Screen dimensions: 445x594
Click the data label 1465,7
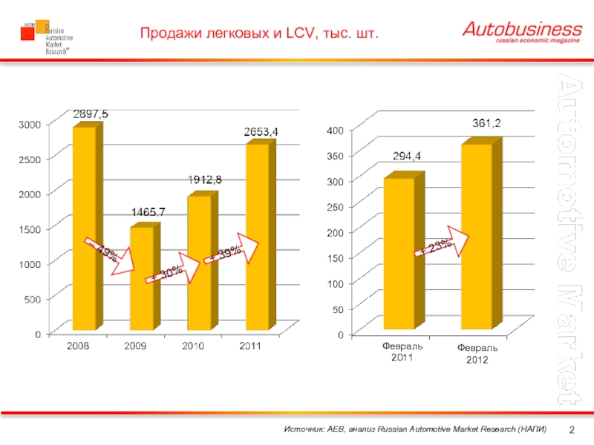148,212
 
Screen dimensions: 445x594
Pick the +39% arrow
232,251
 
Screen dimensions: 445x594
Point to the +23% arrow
441,245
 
